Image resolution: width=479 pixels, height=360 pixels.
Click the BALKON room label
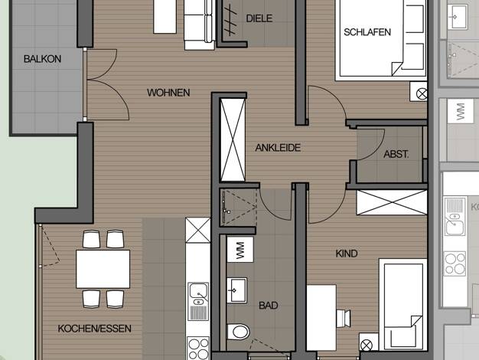click(x=42, y=59)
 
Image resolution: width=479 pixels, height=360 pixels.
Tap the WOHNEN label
click(x=168, y=93)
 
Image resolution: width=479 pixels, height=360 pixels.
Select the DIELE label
click(x=259, y=18)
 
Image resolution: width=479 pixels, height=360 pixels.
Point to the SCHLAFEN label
click(x=367, y=32)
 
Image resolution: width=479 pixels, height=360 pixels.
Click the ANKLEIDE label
click(x=278, y=148)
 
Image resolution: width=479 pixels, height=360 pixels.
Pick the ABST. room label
click(x=396, y=154)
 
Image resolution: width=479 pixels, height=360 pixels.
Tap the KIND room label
click(x=347, y=254)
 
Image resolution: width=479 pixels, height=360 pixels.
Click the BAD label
click(x=269, y=306)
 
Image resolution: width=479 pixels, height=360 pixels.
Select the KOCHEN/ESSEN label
click(x=95, y=329)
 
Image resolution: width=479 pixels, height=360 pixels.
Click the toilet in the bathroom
click(x=238, y=332)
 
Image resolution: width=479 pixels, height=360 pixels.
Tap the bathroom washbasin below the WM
click(x=236, y=290)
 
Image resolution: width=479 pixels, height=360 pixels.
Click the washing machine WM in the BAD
click(x=240, y=250)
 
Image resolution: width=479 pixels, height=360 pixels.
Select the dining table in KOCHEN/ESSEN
click(x=103, y=269)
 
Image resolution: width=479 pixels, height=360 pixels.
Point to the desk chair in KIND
click(x=344, y=319)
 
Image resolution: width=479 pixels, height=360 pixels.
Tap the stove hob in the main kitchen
click(x=198, y=348)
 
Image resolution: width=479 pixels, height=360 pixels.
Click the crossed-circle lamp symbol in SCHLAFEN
click(x=422, y=94)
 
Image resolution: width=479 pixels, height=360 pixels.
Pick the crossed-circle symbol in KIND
click(x=367, y=345)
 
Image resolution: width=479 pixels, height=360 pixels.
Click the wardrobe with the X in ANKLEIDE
click(x=233, y=139)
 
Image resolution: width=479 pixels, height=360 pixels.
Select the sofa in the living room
click(x=199, y=25)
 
